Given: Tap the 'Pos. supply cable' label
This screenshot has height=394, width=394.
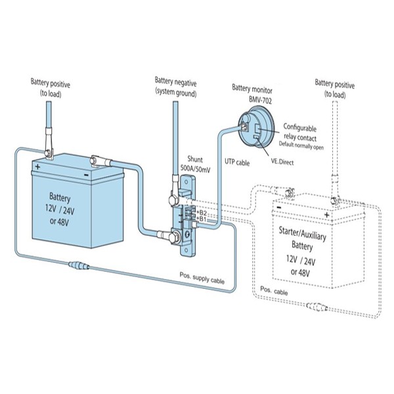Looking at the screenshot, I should point(202,280).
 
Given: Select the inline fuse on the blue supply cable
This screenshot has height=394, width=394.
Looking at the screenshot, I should point(81,267).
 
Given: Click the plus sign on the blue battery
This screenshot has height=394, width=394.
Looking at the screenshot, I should point(37,167).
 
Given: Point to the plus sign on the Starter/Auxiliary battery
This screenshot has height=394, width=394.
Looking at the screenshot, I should point(325,214).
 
